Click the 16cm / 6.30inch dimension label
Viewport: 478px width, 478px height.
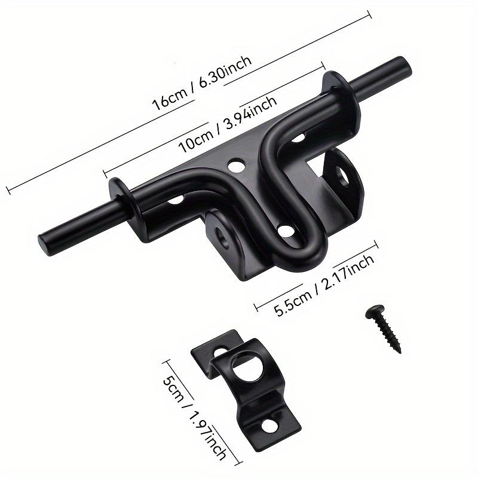[201, 80]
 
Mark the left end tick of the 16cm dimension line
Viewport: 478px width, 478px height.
[7, 191]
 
